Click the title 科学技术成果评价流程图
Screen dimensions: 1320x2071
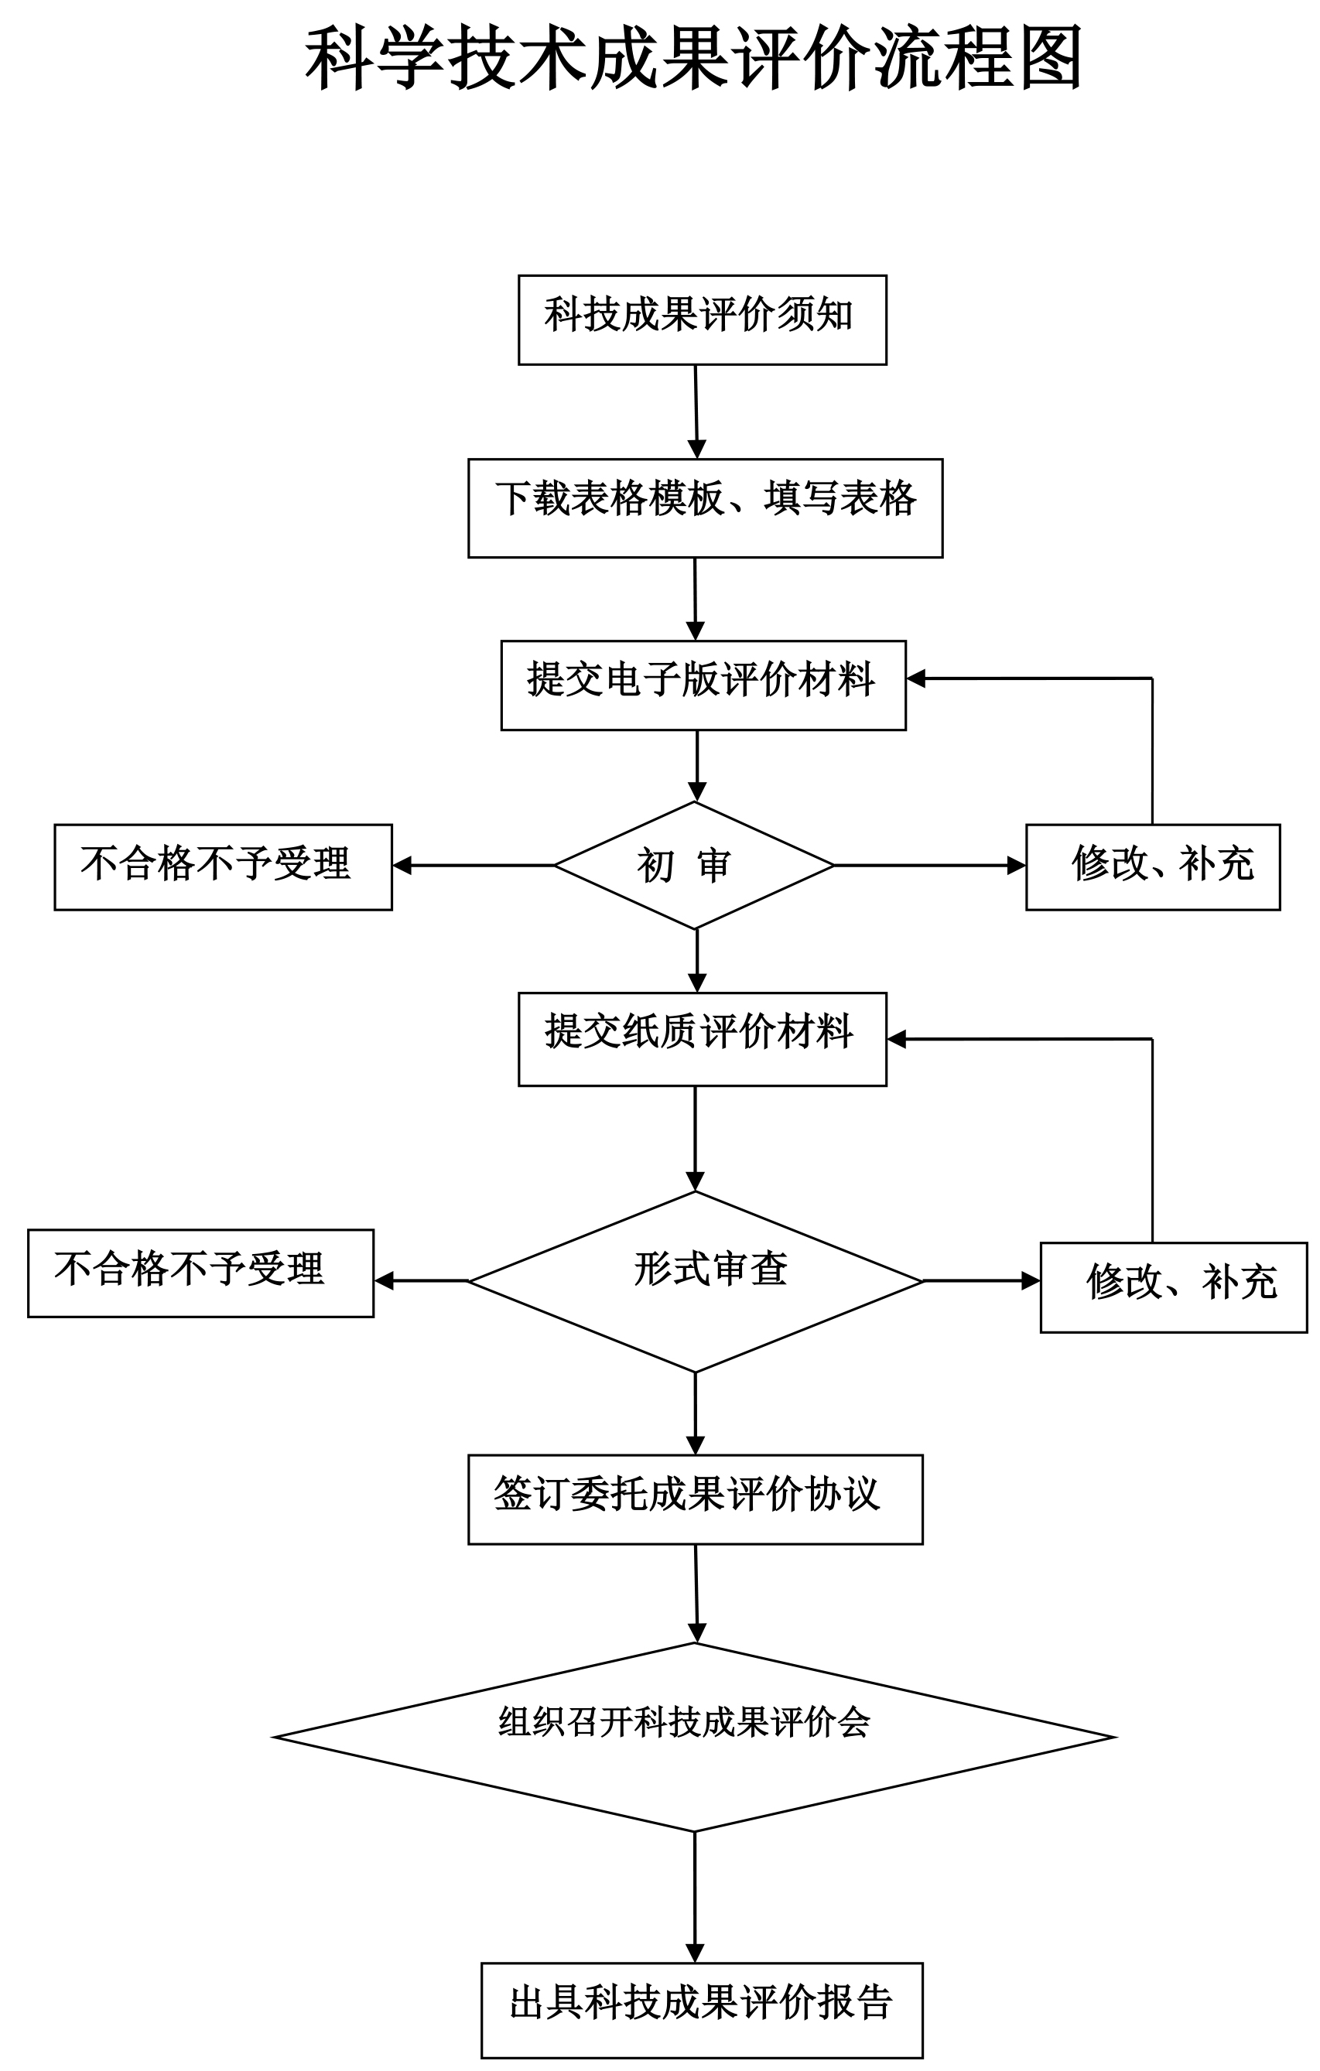pyautogui.click(x=693, y=59)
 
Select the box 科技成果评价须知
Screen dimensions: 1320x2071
pyautogui.click(x=703, y=320)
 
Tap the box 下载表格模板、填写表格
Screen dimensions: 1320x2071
pyautogui.click(x=705, y=508)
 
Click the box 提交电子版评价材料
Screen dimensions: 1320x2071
pyautogui.click(x=703, y=685)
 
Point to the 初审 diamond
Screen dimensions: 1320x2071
pyautogui.click(x=695, y=865)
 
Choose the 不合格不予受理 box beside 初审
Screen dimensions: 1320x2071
pyautogui.click(x=224, y=867)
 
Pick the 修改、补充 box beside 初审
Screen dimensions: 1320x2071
pyautogui.click(x=1153, y=867)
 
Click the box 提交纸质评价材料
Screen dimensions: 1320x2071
pyautogui.click(x=703, y=1039)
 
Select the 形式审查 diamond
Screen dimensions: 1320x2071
pyautogui.click(x=695, y=1281)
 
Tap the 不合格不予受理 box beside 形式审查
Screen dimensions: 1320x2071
pyautogui.click(x=201, y=1273)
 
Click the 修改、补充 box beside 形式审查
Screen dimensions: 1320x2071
pyautogui.click(x=1174, y=1287)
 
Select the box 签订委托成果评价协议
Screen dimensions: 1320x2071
pyautogui.click(x=696, y=1500)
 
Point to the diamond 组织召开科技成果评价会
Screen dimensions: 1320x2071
pyautogui.click(x=695, y=1738)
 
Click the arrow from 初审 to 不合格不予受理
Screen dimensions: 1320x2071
pyautogui.click(x=474, y=865)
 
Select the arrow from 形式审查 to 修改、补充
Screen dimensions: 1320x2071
pyautogui.click(x=982, y=1281)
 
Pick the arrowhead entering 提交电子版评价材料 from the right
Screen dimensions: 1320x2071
pyautogui.click(x=916, y=678)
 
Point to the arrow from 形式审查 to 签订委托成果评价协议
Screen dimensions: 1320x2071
pyautogui.click(x=695, y=1414)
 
